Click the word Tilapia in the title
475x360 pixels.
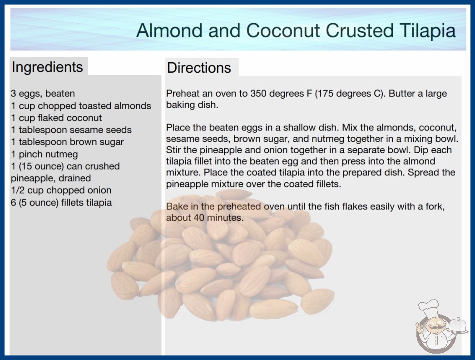click(427, 31)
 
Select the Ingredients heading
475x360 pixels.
click(47, 67)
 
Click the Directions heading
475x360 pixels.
click(199, 68)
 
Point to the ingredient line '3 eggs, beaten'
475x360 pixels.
click(43, 94)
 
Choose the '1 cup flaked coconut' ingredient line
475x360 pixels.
click(56, 118)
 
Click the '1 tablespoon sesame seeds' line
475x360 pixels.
click(71, 130)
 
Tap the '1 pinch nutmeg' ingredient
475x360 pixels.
click(44, 154)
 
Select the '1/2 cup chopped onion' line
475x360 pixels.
click(61, 190)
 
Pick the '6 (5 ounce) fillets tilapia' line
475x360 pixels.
click(61, 202)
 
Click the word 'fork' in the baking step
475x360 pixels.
click(435, 206)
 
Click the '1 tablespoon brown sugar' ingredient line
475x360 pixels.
click(67, 142)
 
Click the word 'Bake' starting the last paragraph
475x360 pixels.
click(175, 206)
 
